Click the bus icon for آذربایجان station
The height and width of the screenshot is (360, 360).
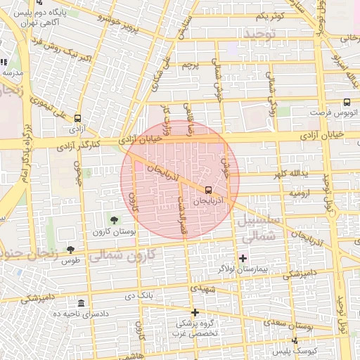click(208, 190)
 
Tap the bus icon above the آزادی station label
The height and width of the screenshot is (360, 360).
click(77, 119)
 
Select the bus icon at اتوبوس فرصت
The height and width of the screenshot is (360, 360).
click(347, 103)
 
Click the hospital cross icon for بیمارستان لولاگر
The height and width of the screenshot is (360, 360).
click(243, 258)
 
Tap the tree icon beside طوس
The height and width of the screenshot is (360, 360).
click(70, 249)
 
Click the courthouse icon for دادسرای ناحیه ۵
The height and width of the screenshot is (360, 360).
click(82, 303)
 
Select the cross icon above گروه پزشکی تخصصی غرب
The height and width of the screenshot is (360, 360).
click(195, 311)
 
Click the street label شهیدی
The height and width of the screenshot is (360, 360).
click(201, 288)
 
